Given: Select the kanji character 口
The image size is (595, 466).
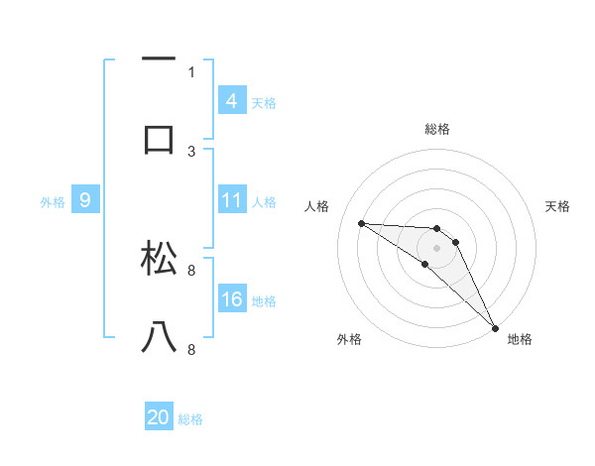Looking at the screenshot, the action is point(160,139).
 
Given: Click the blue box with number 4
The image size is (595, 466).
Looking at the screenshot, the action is point(232,100).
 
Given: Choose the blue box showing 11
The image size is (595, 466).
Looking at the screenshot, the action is point(232,200).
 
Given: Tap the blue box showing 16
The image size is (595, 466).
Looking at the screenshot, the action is point(232,299).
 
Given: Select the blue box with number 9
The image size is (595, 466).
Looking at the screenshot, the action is point(85,201).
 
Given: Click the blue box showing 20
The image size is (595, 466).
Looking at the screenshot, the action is point(159,417).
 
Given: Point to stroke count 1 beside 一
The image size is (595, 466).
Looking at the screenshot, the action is point(191,71).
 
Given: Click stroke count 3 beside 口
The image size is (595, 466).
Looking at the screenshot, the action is point(191,151).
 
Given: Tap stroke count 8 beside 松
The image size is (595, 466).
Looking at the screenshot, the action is point(191,270).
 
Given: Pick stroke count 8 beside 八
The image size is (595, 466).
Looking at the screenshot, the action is point(191,349).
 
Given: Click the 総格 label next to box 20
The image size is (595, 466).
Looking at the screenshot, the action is point(190,419).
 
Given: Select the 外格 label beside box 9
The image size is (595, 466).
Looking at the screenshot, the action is point(53,202).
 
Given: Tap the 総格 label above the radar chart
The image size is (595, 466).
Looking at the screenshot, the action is point(436,129).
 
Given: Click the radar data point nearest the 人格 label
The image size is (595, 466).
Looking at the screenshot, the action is point(361,223).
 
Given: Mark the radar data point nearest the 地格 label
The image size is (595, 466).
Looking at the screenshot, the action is point(495,326).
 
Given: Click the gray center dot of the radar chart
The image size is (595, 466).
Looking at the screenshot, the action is point(436,247).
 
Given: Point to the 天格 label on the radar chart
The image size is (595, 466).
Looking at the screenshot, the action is point(558,206).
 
